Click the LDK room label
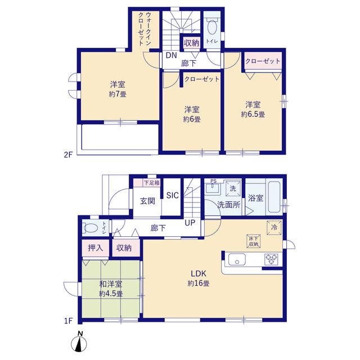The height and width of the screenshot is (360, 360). click(199, 273)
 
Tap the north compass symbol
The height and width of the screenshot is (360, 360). click(79, 342)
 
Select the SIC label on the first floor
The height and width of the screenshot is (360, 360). click(173, 195)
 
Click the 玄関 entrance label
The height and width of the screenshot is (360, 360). click(147, 201)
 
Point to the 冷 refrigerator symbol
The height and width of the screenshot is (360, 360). click(274, 227)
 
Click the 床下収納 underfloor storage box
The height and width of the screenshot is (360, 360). click(254, 241)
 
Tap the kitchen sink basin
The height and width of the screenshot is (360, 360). click(237, 259)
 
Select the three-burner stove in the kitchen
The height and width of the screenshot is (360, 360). click(271, 259)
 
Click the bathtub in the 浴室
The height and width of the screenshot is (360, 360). click(274, 197)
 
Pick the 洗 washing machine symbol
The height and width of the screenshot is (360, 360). click(233, 188)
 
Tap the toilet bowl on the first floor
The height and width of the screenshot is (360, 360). click(91, 228)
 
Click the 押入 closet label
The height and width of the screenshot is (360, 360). click(96, 248)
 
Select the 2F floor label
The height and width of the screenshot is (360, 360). click(68, 155)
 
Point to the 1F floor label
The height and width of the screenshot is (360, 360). click(69, 321)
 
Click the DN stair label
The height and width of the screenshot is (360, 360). click(171, 55)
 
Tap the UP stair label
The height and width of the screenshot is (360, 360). click(190, 223)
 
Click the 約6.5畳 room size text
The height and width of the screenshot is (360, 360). click(253, 114)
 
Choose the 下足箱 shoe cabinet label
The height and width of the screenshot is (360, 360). click(151, 183)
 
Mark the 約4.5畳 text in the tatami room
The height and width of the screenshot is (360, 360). click(111, 294)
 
